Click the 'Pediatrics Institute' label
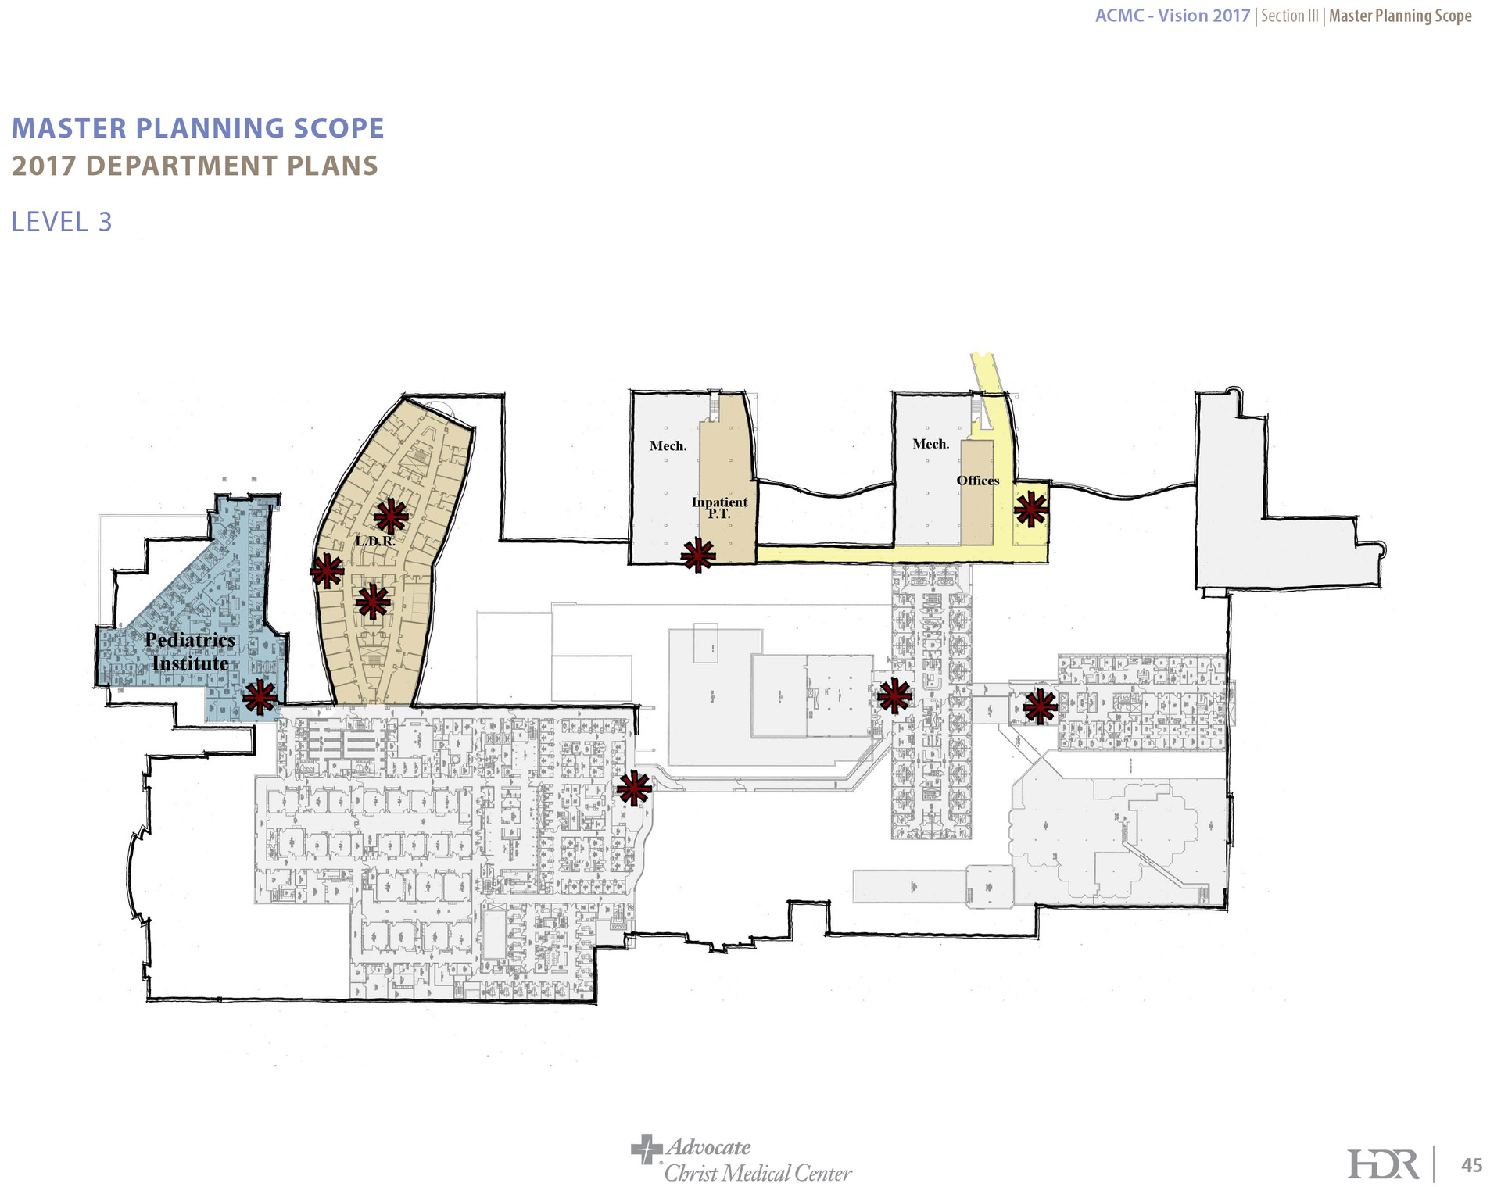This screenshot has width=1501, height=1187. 190,652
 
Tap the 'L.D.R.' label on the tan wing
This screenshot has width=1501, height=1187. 375,541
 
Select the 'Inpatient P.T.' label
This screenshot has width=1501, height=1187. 719,508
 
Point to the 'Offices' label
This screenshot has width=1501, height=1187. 978,481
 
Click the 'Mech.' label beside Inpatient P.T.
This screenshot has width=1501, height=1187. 668,446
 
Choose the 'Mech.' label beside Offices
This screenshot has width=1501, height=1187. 931,444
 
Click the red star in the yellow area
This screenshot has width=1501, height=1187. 1031,509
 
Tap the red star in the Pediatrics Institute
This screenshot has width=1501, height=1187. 260,697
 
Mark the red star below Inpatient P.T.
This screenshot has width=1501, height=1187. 697,556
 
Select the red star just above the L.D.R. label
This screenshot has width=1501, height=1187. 391,517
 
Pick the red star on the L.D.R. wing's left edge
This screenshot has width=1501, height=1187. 327,571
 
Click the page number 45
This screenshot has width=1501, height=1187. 1472,1166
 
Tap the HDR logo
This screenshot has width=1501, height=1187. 1384,1165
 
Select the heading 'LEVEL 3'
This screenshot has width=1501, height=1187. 62,222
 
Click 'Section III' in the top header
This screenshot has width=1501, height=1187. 1290,16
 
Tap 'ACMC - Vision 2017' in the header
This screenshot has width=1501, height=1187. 1173,16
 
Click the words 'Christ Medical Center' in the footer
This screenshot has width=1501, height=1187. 758,1173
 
